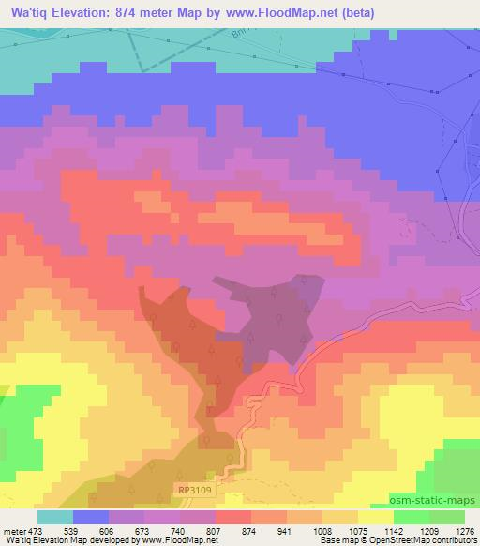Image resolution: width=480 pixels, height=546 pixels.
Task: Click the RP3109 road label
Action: click(193, 490)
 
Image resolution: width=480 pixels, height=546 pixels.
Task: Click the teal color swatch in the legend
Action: click(55, 516)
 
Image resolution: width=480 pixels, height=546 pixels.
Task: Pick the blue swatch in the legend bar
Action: click(91, 516)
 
